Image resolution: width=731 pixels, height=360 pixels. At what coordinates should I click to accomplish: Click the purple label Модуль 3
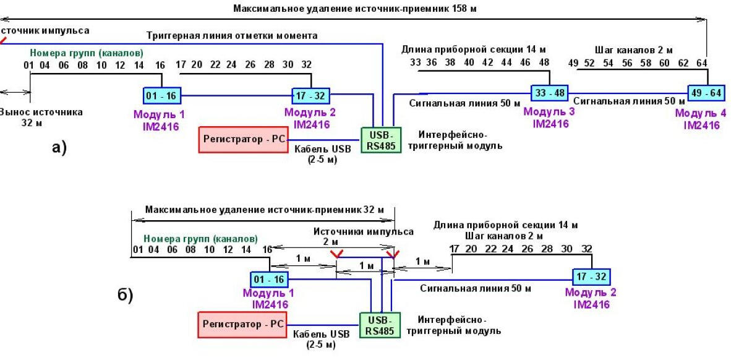coord(549,112)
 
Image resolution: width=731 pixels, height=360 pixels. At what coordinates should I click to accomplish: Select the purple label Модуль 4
coord(701,113)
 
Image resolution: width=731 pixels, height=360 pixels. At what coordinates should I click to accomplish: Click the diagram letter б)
coord(125,295)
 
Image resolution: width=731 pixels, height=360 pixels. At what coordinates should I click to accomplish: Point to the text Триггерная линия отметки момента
coord(232,36)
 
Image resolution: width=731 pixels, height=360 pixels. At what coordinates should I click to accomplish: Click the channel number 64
coord(701,63)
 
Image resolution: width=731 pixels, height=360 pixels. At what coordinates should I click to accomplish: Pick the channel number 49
coord(573,63)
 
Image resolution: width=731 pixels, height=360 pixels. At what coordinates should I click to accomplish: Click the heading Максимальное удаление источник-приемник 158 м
coord(355,9)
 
